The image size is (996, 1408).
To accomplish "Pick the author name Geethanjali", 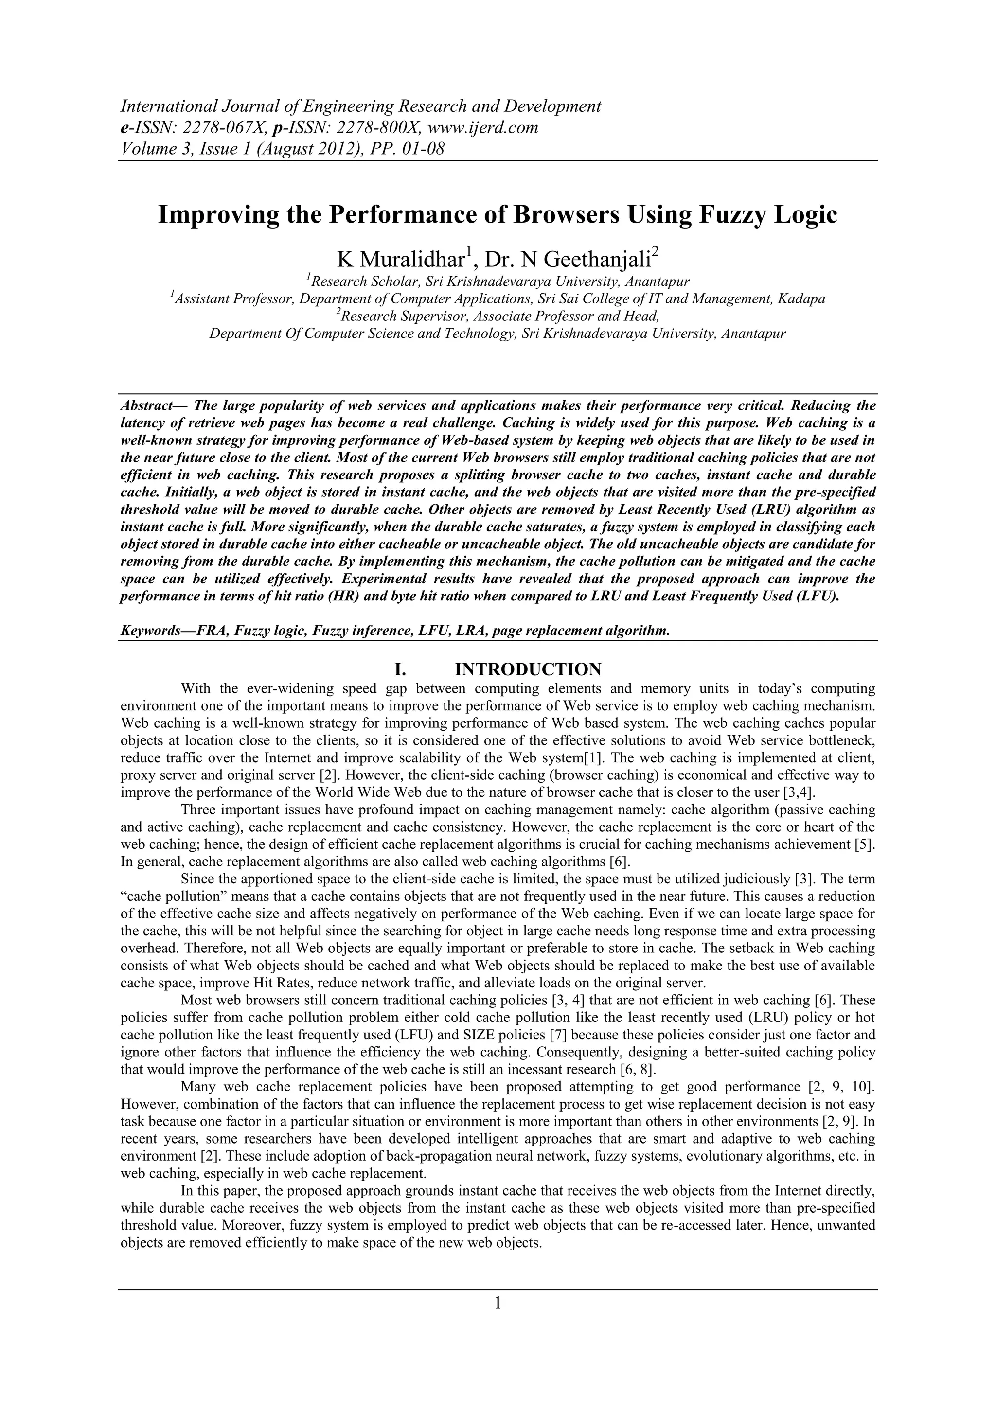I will [x=597, y=260].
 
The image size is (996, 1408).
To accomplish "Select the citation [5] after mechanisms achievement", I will [x=864, y=845].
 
